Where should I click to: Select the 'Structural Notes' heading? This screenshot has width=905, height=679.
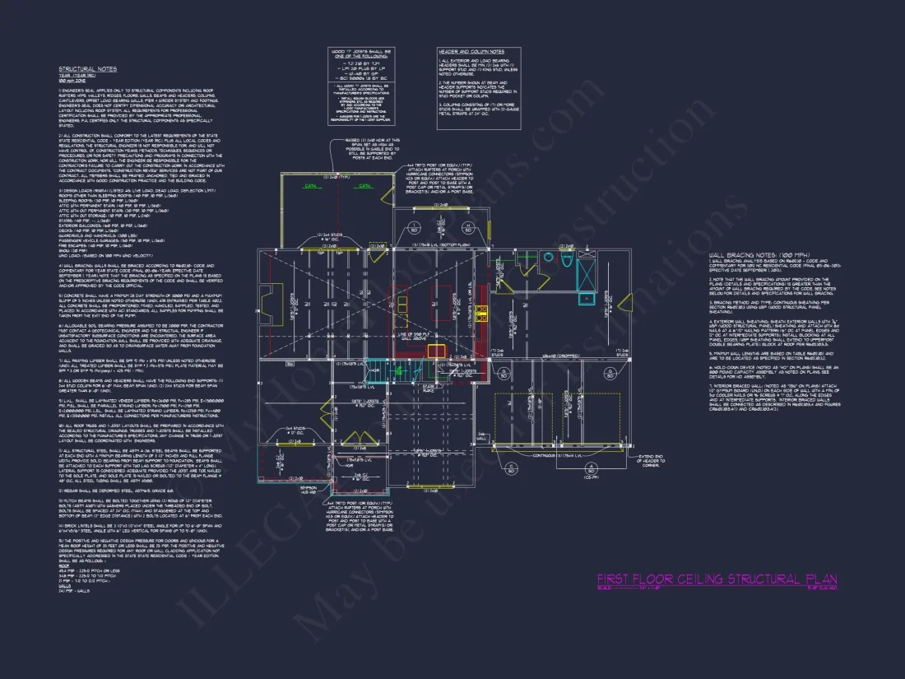pos(87,69)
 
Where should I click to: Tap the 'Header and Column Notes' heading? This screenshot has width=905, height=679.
pos(471,51)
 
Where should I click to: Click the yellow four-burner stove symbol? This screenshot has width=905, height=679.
pos(482,313)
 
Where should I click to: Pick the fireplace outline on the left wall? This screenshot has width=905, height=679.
pos(266,296)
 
